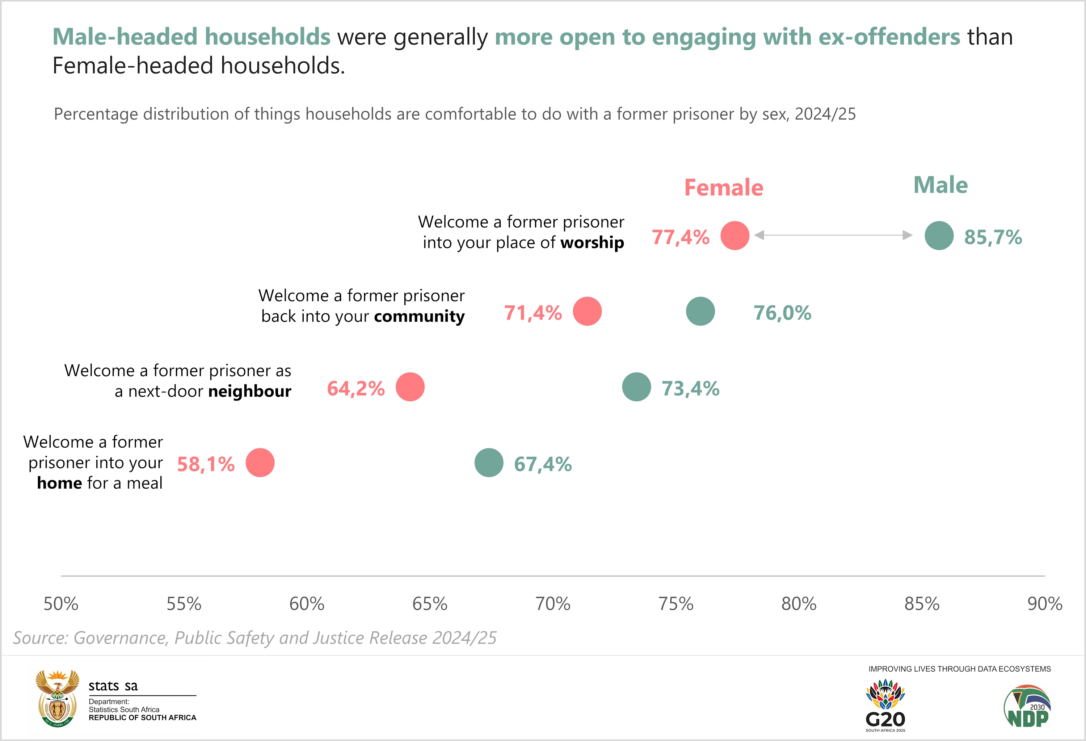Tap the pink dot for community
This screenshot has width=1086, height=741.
click(x=587, y=311)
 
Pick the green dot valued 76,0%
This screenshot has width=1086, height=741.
click(x=700, y=311)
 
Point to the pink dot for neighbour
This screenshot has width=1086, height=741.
click(x=410, y=387)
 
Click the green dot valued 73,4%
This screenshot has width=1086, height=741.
click(x=636, y=387)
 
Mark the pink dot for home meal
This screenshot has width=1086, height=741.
click(x=260, y=463)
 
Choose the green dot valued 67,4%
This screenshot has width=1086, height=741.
click(x=489, y=463)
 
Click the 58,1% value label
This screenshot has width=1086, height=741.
click(x=206, y=464)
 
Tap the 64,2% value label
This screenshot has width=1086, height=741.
click(x=355, y=389)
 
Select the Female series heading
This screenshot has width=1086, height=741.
click(x=723, y=188)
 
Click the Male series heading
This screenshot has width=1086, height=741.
click(x=940, y=185)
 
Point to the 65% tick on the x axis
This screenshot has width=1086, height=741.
click(x=429, y=604)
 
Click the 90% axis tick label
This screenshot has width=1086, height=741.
click(x=1044, y=604)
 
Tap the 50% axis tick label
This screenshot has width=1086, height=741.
click(x=61, y=604)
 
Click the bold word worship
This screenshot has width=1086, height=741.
click(x=592, y=243)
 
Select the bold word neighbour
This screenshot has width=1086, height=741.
click(x=249, y=391)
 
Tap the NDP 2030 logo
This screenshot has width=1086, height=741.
click(x=1027, y=706)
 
